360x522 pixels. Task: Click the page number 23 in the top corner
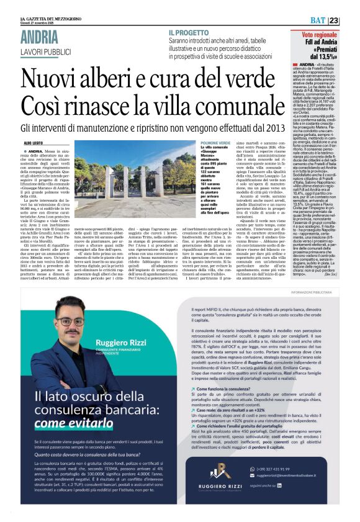pos(351,20)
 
